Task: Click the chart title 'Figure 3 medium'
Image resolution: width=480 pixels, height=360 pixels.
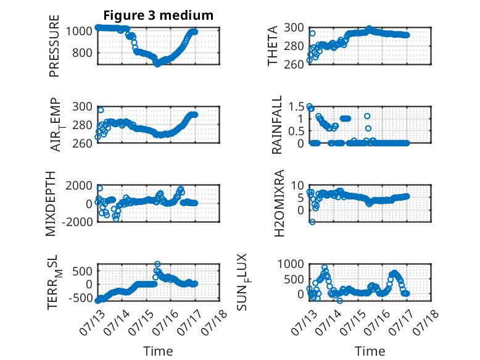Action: click(x=159, y=15)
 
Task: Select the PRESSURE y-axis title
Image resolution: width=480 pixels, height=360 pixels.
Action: click(x=54, y=46)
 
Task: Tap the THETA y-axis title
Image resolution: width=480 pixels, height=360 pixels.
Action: click(x=272, y=46)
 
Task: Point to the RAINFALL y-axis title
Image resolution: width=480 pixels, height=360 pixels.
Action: click(x=276, y=125)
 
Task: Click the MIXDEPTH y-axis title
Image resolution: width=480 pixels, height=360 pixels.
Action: click(x=51, y=204)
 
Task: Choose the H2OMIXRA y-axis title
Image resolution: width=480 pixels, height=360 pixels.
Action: click(x=279, y=203)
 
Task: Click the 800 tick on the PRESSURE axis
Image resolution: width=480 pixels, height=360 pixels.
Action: click(x=82, y=53)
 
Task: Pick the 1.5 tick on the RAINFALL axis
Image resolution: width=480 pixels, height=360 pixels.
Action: click(x=296, y=107)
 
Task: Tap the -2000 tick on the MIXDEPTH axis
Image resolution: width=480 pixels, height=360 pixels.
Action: click(x=78, y=222)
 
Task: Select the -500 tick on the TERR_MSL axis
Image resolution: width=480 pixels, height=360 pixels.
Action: click(x=80, y=298)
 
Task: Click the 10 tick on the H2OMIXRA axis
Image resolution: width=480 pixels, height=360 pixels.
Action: click(x=297, y=185)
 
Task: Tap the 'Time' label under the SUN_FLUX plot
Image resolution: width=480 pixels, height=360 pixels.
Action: click(x=370, y=351)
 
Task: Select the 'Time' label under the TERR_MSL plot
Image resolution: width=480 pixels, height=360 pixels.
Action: click(x=159, y=351)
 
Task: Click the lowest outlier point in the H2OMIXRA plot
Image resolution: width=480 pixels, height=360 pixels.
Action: click(x=312, y=222)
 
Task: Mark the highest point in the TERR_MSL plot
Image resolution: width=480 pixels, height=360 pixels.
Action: click(x=157, y=264)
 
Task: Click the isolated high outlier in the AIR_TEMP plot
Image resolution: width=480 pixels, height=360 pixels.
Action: click(x=101, y=110)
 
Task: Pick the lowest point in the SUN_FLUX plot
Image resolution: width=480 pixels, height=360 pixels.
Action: click(x=340, y=301)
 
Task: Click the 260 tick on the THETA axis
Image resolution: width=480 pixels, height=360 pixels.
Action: click(x=294, y=64)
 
